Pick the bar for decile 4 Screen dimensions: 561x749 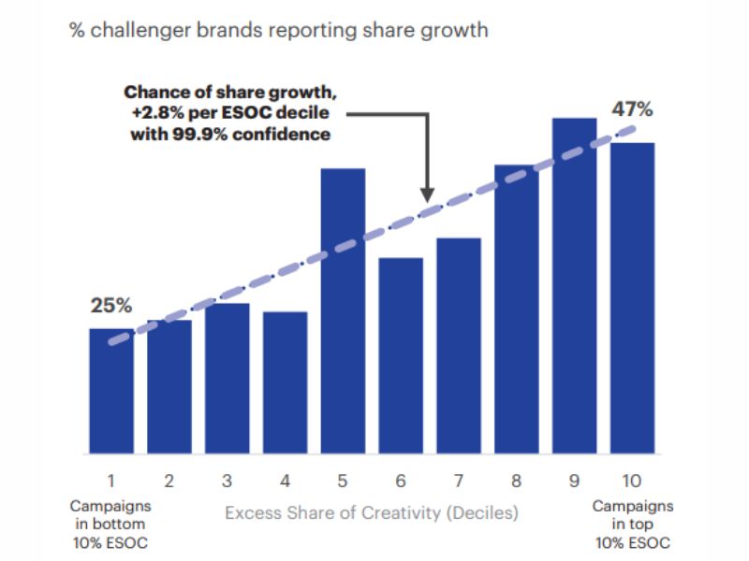(285, 382)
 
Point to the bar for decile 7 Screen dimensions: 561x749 (458, 345)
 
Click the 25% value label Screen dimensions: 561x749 (111, 306)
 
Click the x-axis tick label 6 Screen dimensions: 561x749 (401, 482)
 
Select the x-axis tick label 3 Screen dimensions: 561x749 (228, 482)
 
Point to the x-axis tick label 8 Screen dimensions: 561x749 (516, 482)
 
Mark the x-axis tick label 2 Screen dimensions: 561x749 (169, 482)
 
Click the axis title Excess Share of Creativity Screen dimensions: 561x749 (372, 512)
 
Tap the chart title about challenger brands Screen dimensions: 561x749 (279, 30)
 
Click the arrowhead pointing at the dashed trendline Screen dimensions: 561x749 (427, 195)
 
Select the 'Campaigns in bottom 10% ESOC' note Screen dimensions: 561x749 (110, 524)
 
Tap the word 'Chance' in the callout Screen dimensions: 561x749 (154, 93)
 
